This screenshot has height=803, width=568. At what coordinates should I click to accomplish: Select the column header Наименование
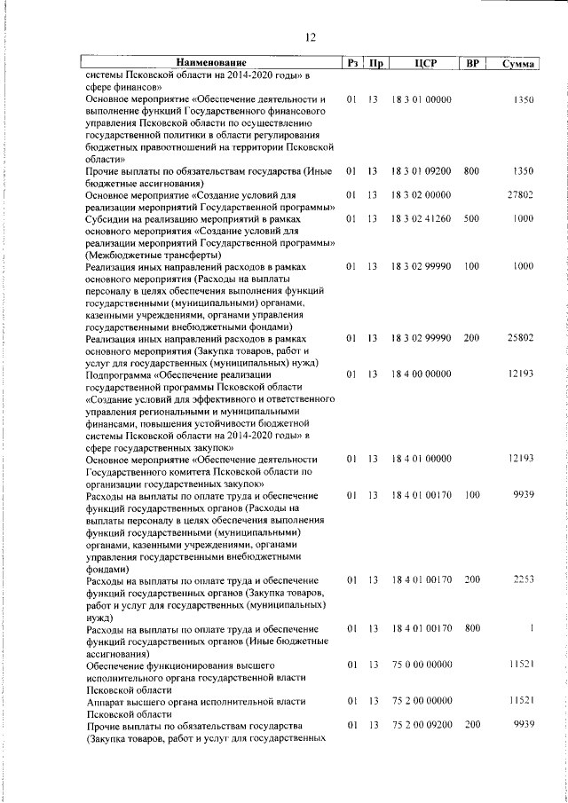pyautogui.click(x=210, y=63)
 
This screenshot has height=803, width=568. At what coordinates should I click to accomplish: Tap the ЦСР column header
pyautogui.click(x=422, y=63)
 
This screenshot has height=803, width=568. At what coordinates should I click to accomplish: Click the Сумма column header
pyautogui.click(x=517, y=64)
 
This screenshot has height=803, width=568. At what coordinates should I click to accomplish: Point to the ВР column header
pyautogui.click(x=472, y=63)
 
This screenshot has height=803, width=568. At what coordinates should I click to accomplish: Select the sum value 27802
pyautogui.click(x=519, y=194)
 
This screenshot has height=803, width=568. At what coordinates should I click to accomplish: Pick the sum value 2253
pyautogui.click(x=521, y=579)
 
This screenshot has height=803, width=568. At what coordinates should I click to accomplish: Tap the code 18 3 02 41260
pyautogui.click(x=422, y=218)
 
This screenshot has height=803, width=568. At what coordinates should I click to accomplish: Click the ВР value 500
pyautogui.click(x=471, y=218)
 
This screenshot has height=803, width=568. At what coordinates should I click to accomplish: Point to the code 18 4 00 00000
pyautogui.click(x=422, y=374)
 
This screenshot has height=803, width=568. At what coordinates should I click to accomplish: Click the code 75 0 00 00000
pyautogui.click(x=422, y=664)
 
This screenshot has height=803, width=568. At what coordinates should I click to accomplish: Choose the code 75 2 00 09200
pyautogui.click(x=422, y=725)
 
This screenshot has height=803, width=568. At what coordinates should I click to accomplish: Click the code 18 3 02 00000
pyautogui.click(x=422, y=194)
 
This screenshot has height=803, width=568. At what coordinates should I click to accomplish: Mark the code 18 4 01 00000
pyautogui.click(x=422, y=459)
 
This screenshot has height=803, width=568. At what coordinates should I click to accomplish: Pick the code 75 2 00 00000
pyautogui.click(x=422, y=701)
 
